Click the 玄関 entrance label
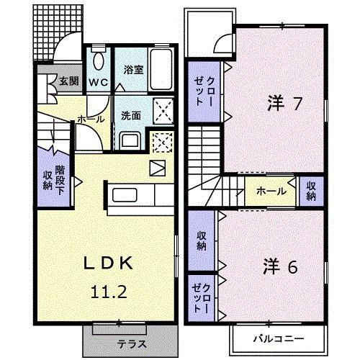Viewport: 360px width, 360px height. point(68,81)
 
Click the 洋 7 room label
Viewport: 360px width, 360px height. point(279,104)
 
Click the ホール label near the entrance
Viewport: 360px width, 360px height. point(89,119)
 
